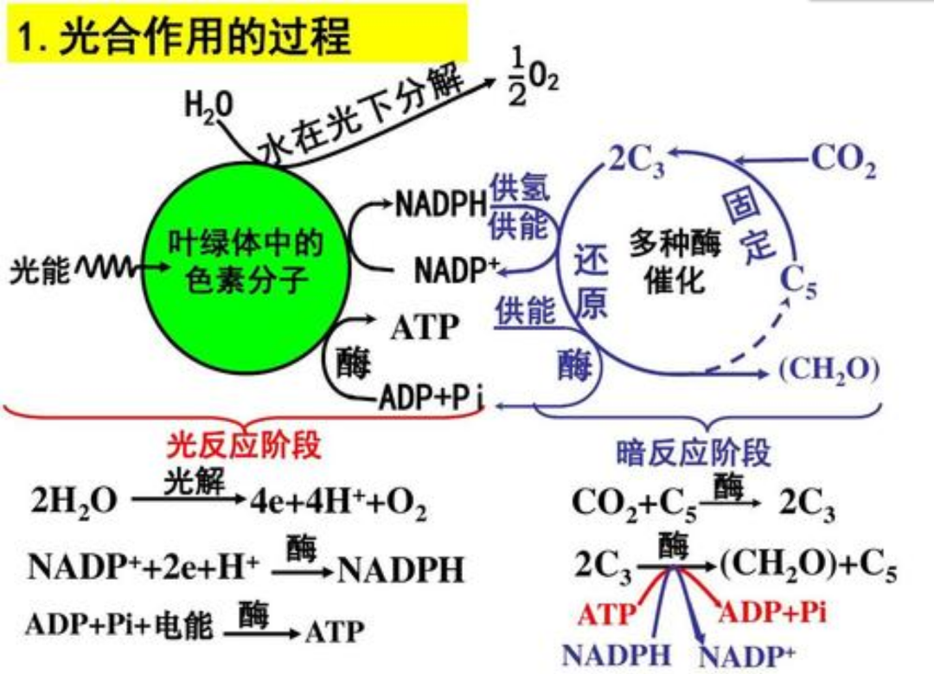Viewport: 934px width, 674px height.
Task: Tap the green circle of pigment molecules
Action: pyautogui.click(x=244, y=260)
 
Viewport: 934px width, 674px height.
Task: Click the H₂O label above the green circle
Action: pyautogui.click(x=208, y=107)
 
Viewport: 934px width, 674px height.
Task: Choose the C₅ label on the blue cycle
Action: pyautogui.click(x=797, y=283)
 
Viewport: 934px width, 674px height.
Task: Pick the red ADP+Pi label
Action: pyautogui.click(x=772, y=613)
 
